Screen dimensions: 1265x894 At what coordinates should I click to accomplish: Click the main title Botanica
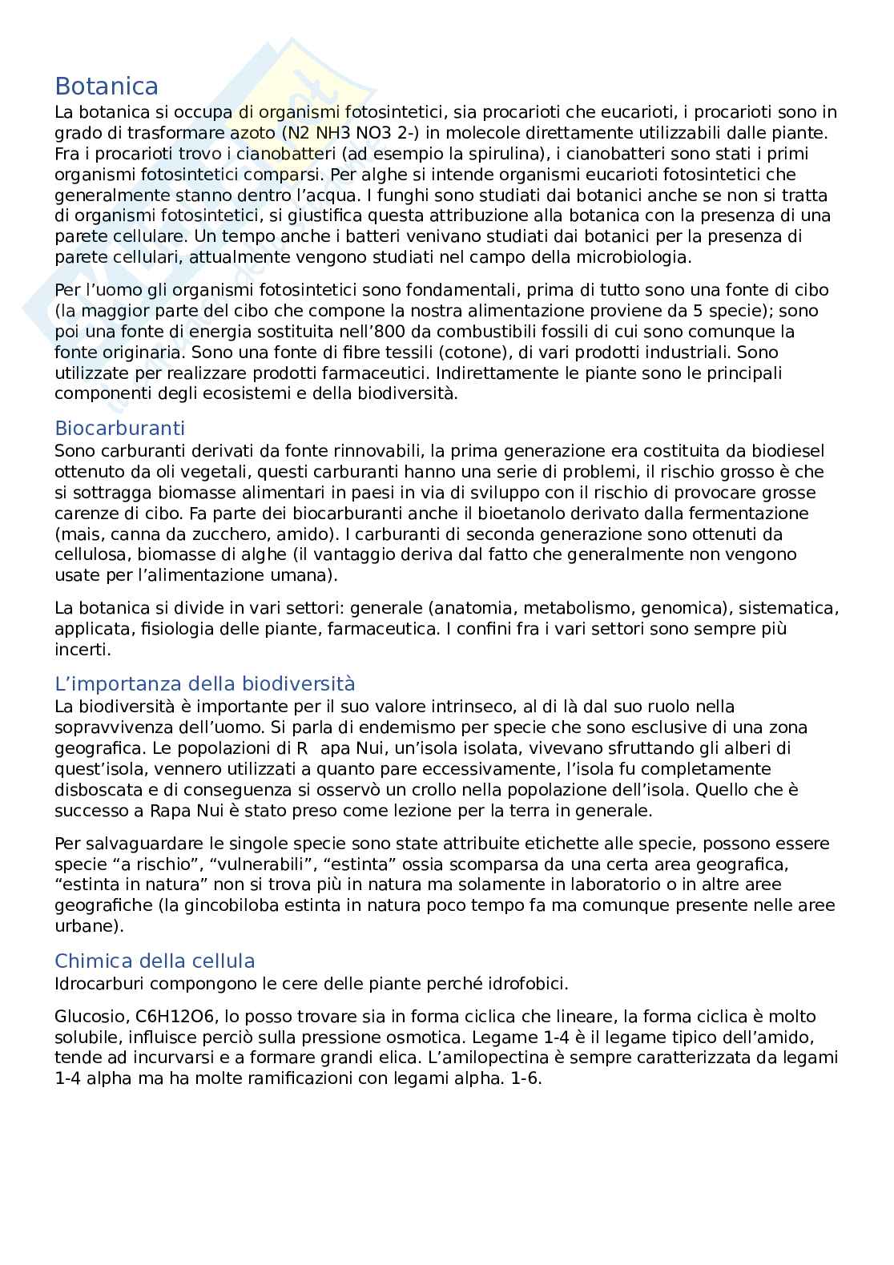tap(106, 87)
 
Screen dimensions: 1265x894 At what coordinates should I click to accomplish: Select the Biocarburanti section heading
tap(119, 428)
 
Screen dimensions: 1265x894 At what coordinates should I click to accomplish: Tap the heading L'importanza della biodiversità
tap(204, 683)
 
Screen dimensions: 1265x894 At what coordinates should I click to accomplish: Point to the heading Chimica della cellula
tap(155, 961)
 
